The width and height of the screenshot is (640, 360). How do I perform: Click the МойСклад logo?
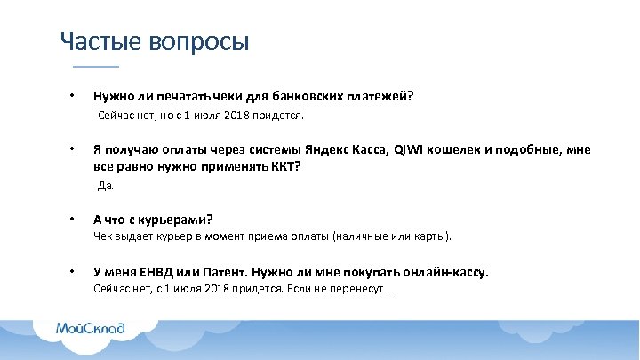pos(90,328)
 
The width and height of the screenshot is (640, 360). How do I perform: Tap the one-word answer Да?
pos(106,186)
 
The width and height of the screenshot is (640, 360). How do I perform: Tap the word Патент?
pos(224,272)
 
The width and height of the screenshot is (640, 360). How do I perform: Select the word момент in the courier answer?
pos(230,237)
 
